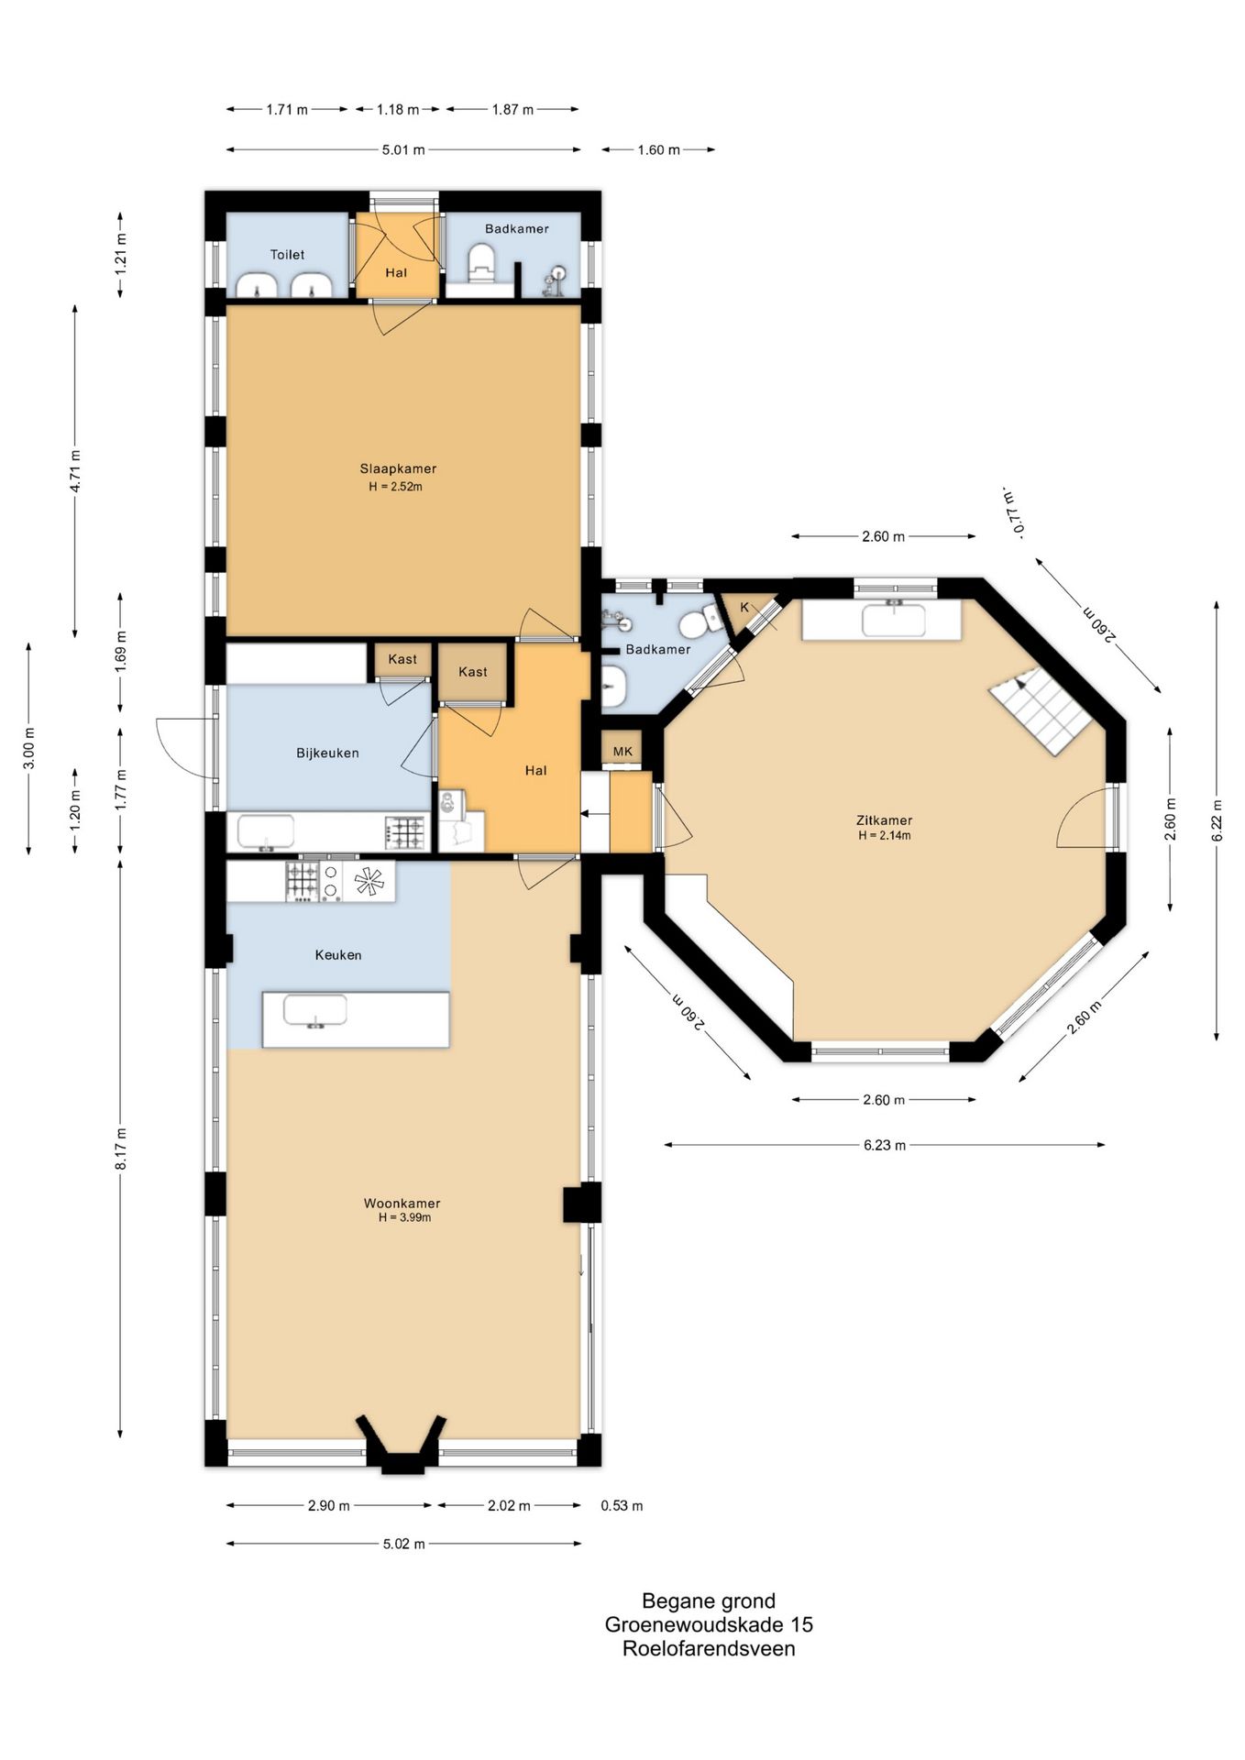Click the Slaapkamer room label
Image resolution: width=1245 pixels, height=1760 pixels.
[398, 468]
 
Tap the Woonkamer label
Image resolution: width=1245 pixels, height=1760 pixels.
[402, 1203]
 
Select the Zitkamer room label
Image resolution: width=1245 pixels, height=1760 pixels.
[884, 820]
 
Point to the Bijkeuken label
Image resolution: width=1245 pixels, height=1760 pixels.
[327, 753]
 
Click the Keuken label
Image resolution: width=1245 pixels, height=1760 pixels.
[338, 954]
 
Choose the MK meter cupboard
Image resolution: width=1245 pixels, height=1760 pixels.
[622, 752]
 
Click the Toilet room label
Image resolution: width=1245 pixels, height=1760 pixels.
[287, 255]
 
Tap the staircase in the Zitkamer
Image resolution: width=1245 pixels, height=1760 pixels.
[1041, 710]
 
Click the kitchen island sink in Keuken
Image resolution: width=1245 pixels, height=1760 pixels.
[315, 1011]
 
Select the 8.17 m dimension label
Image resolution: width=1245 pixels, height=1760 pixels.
[121, 1149]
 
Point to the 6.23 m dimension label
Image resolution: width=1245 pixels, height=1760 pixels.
[884, 1145]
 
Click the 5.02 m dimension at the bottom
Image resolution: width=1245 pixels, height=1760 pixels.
[403, 1544]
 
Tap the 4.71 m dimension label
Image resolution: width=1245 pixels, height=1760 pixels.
[75, 470]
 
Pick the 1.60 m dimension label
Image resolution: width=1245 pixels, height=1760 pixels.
[658, 149]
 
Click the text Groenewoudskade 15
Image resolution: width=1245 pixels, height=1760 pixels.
[709, 1624]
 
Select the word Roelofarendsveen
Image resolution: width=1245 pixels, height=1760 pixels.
[709, 1648]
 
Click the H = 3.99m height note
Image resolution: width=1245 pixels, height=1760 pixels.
[404, 1217]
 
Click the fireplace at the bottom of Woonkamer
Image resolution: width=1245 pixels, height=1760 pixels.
[402, 1446]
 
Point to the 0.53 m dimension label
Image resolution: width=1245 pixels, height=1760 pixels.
[622, 1505]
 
